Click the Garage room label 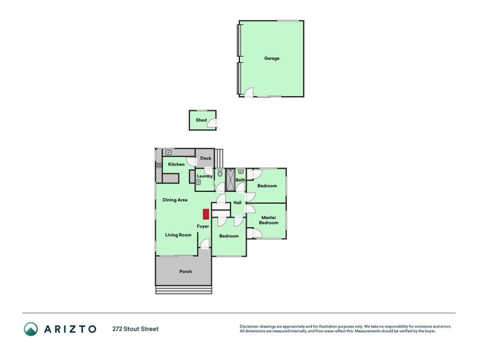(x=272, y=58)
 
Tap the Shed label (x=201, y=120)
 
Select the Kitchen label (x=176, y=164)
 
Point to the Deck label (x=205, y=158)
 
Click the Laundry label (x=205, y=176)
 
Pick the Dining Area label (x=175, y=200)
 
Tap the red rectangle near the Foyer (x=205, y=214)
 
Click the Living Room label (x=178, y=235)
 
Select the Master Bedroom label (x=268, y=220)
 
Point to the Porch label (x=185, y=271)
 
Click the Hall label (x=237, y=203)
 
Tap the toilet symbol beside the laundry (x=220, y=174)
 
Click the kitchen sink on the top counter (x=169, y=152)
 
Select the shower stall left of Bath (x=230, y=179)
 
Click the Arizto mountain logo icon (x=31, y=329)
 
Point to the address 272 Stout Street (x=135, y=329)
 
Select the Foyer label (x=203, y=226)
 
